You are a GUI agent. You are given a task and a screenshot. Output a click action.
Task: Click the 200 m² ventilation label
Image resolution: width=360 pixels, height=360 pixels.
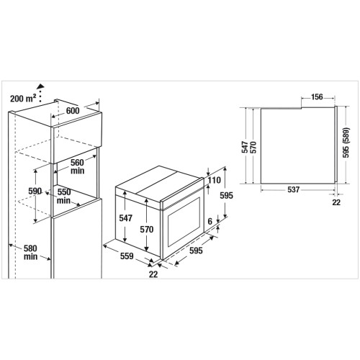[x=23, y=98]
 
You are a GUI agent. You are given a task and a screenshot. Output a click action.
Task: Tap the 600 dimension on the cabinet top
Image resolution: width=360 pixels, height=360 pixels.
[x=73, y=111]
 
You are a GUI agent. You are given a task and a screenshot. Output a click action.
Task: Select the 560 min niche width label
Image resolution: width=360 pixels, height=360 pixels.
[x=77, y=166]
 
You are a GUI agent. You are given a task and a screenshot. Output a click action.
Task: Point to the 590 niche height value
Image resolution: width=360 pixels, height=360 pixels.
[x=35, y=191]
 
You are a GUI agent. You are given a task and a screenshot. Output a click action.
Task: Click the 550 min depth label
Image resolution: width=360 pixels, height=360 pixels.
[x=64, y=196]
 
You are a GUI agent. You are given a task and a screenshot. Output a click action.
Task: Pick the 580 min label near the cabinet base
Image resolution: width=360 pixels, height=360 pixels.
[x=30, y=252]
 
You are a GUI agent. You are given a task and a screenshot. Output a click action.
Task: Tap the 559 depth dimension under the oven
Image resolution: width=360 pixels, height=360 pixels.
[x=127, y=256]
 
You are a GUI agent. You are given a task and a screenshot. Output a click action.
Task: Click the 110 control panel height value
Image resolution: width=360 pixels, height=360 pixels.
[x=214, y=180]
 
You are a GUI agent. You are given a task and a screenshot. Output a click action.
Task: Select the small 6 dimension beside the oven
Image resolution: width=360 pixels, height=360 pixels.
[x=210, y=221]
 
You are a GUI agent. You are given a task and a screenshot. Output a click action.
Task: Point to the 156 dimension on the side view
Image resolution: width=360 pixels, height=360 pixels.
[x=317, y=97]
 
